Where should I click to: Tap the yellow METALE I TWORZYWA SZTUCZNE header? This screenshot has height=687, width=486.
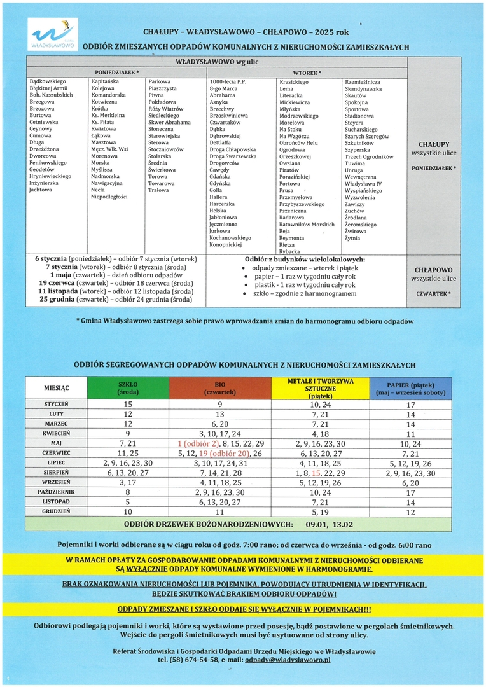[320, 387]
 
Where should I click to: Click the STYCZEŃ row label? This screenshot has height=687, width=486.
[56, 405]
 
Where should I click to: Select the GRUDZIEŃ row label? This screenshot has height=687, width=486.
[56, 511]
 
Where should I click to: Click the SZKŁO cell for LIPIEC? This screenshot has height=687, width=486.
[128, 463]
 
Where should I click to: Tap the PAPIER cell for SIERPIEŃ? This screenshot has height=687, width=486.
[411, 473]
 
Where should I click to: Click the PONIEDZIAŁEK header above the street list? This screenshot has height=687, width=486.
[116, 73]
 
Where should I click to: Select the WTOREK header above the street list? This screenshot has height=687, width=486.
[307, 73]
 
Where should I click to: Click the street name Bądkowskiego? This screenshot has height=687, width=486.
[48, 82]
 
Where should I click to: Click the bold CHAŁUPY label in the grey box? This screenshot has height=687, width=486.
[434, 144]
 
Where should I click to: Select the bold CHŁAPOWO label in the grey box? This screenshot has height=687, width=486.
[433, 270]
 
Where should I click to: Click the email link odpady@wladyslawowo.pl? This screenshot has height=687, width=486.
[288, 660]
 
